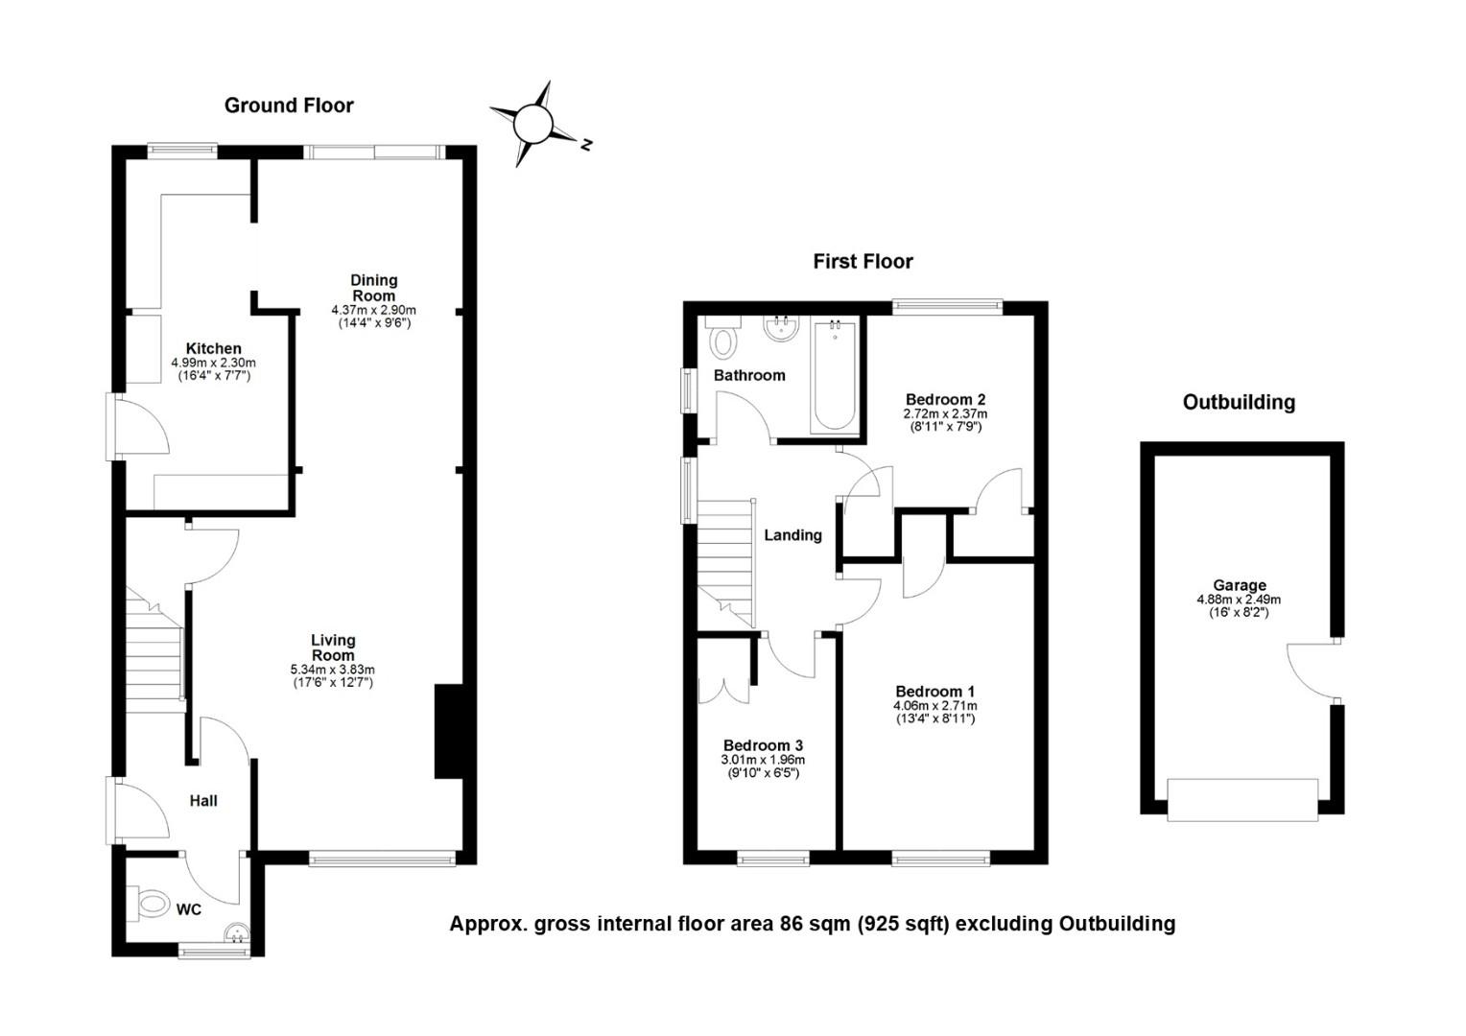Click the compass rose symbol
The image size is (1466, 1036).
[533, 125]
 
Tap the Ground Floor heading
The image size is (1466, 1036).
[289, 106]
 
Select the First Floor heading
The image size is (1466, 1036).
[863, 261]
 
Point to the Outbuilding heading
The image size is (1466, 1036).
[1239, 402]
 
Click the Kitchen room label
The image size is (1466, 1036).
[214, 348]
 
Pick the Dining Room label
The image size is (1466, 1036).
[373, 288]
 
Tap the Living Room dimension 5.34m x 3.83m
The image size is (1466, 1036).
[333, 669]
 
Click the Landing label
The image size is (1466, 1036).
[792, 535]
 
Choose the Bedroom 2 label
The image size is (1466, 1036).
[945, 399]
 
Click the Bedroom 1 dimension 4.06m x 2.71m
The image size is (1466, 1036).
[934, 705]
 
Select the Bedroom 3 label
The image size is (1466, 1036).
[763, 745]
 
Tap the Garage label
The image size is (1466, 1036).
[1239, 585]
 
